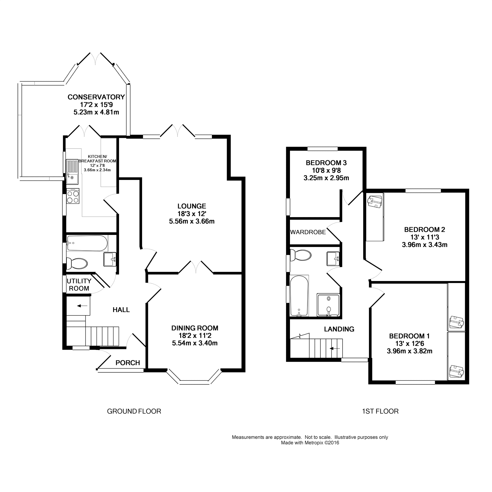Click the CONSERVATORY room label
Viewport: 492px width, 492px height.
coord(96,97)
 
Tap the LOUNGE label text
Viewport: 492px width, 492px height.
coord(192,206)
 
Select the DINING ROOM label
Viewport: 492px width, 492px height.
coord(195,328)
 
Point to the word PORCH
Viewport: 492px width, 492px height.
coord(128,363)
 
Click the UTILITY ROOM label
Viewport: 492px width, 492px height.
coord(79,285)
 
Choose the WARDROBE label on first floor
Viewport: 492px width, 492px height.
coord(308,232)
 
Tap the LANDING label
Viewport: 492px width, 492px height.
coord(339,329)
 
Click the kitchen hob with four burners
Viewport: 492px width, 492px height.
coord(73,196)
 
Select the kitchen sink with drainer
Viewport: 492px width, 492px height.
coord(73,171)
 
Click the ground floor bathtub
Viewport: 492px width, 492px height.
coord(87,243)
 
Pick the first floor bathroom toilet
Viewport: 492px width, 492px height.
coord(301,255)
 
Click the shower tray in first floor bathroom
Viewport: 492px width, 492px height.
coord(328,305)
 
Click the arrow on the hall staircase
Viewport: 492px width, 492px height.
coord(81,306)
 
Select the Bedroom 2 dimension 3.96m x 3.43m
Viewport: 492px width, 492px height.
coord(424,245)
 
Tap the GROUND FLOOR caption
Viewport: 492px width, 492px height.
coord(134,411)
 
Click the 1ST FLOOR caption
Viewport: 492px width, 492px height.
coord(380,411)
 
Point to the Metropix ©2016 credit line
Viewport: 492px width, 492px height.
coord(310,443)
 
